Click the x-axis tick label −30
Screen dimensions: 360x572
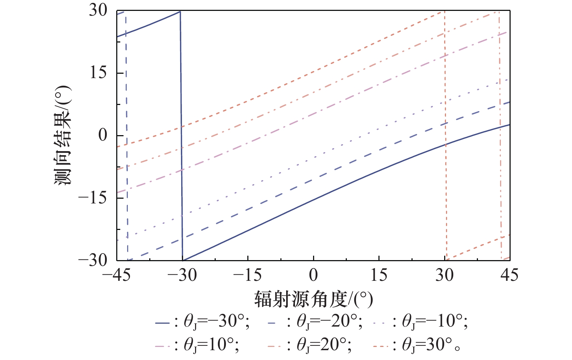[182, 275]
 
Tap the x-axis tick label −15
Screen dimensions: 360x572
[247, 275]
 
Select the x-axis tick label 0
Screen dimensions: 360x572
[313, 275]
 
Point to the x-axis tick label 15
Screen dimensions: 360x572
[379, 275]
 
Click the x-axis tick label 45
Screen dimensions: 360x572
[510, 275]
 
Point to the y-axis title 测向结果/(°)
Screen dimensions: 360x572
[62, 135]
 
